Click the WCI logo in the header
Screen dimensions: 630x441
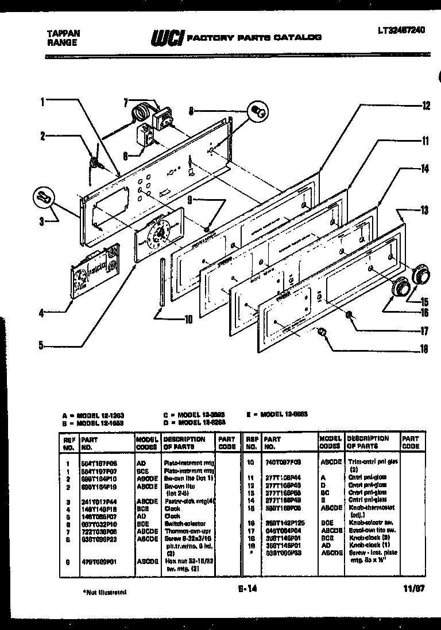click(166, 38)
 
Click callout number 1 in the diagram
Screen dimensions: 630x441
click(42, 103)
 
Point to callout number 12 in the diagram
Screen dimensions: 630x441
click(425, 105)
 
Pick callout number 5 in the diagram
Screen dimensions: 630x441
click(42, 345)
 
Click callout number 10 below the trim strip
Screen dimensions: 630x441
click(188, 320)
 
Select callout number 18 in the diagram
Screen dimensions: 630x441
click(424, 348)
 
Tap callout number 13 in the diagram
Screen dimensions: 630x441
click(424, 210)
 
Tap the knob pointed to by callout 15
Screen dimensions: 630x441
click(422, 274)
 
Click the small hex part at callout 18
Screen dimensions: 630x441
click(322, 332)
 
